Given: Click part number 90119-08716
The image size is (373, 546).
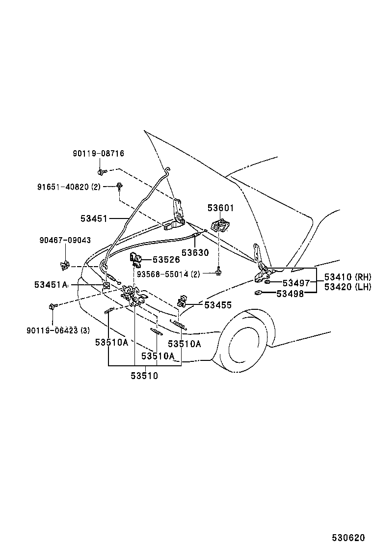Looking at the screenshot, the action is tap(99, 154).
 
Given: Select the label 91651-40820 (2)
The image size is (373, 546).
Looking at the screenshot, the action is tap(69, 187).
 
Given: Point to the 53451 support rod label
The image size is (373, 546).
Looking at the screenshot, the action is tap(94, 218).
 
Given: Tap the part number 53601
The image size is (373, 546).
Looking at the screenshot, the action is tap(220, 208).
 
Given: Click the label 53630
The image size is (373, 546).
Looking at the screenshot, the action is tap(195, 252).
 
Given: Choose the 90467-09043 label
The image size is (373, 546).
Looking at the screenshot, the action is tap(65, 240).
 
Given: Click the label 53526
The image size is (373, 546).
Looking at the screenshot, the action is tap(166, 260).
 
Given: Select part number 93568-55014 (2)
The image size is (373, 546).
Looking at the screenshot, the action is tap(168, 274).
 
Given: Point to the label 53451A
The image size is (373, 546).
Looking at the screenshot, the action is tap(51, 285).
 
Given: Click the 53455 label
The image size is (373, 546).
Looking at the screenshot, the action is tap(218, 305).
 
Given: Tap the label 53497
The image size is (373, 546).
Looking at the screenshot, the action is tap(296, 283).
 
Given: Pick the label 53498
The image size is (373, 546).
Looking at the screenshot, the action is tap(290, 294).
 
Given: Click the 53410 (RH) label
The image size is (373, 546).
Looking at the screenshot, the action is tap(347, 277).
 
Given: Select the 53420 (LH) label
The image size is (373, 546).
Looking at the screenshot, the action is tap(347, 287).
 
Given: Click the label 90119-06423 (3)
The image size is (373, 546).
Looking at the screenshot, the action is tap(58, 330).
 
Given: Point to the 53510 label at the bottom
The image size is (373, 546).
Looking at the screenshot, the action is tap(144, 376).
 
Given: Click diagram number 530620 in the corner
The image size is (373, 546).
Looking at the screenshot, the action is tap(348, 538).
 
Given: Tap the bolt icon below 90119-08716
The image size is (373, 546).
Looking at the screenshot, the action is tap(101, 172).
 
